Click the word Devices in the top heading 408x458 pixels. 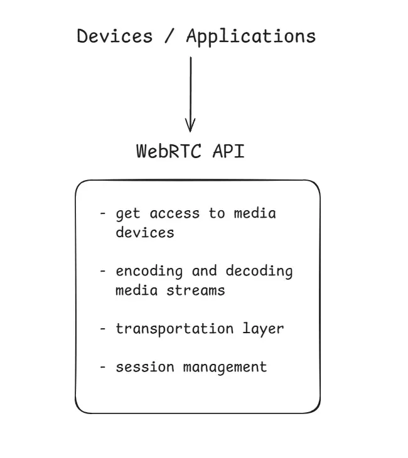(x=114, y=36)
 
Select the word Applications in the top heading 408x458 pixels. (x=251, y=36)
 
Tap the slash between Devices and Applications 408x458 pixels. (x=169, y=36)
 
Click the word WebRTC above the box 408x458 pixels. (x=166, y=151)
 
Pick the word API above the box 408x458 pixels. (x=227, y=151)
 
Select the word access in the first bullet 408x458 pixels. (x=169, y=213)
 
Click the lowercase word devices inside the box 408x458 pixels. (x=144, y=232)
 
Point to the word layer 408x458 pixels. (x=263, y=329)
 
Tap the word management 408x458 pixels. (x=225, y=368)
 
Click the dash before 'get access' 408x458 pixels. (x=102, y=214)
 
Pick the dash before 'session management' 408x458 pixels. (x=102, y=367)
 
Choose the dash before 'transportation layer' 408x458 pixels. (x=102, y=329)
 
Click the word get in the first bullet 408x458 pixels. (x=127, y=214)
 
